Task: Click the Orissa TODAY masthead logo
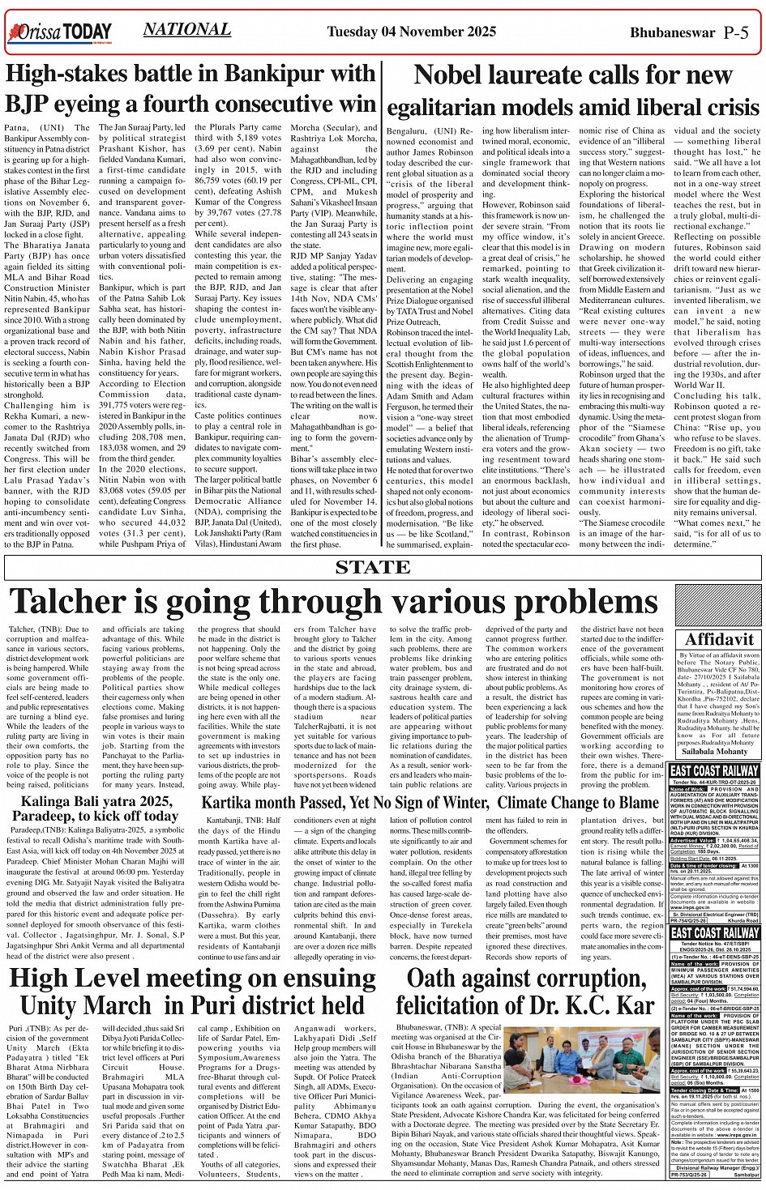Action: (x=59, y=32)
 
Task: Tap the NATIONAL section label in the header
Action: (x=187, y=30)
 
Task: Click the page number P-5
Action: (x=735, y=32)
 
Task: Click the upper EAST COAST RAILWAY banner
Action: (x=714, y=770)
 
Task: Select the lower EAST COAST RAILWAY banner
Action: (x=714, y=934)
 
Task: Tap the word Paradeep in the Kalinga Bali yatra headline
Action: (x=47, y=816)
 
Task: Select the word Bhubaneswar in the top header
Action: (x=673, y=32)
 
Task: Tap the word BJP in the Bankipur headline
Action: (x=29, y=104)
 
